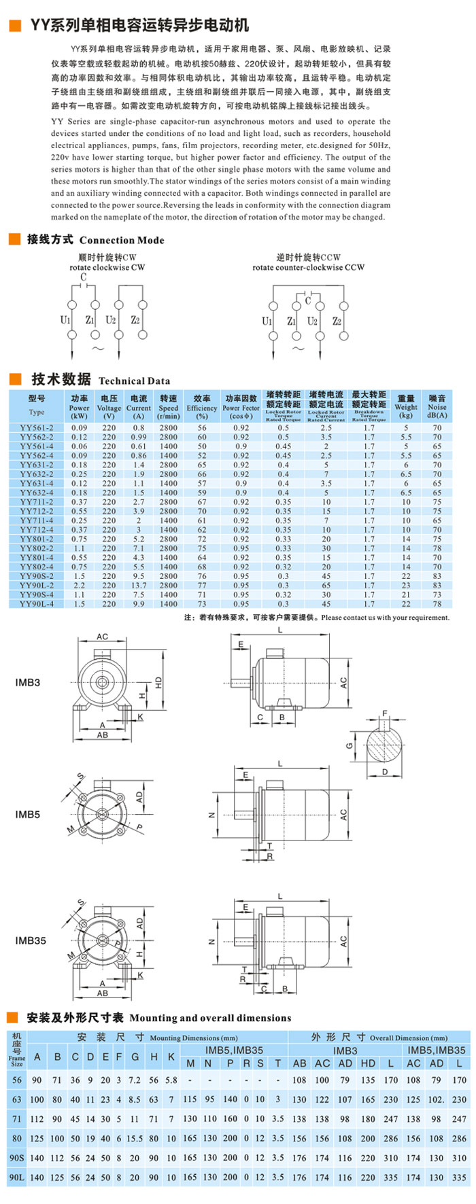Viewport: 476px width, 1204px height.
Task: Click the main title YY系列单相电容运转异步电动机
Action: (x=139, y=26)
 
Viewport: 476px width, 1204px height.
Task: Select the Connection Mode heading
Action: (x=95, y=240)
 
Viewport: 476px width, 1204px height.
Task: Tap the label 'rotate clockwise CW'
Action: (x=107, y=268)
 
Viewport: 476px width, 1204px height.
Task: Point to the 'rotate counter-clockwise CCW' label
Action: (x=308, y=268)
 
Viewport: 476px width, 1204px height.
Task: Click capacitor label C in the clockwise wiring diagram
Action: (x=84, y=277)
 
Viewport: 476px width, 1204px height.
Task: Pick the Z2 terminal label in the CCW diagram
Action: (x=337, y=321)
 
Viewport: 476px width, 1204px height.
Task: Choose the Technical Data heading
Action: (x=101, y=380)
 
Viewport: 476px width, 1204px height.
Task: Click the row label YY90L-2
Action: (x=37, y=585)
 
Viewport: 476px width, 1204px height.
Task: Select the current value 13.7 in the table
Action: (x=139, y=585)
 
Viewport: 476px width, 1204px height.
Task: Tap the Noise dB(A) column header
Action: (x=437, y=406)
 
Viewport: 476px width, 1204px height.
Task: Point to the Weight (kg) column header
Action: (x=406, y=406)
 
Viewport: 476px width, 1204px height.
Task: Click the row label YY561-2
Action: (x=37, y=428)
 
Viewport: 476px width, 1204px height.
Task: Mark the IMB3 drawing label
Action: (x=27, y=682)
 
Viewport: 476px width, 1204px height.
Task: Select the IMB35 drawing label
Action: (x=31, y=941)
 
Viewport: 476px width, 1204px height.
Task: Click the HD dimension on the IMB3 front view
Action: (x=158, y=682)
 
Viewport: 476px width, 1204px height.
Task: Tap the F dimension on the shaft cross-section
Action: (x=384, y=713)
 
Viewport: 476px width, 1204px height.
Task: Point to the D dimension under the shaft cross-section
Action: (x=384, y=772)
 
